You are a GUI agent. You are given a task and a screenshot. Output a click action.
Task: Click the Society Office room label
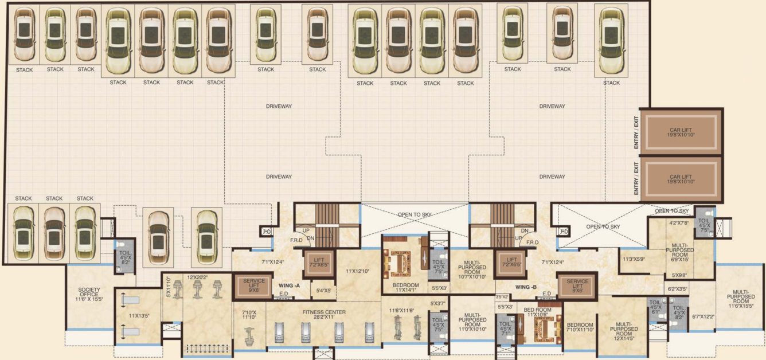(89, 294)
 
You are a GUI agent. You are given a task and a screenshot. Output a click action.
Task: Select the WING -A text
(290, 285)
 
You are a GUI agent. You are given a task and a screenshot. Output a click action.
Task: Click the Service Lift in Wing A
(254, 285)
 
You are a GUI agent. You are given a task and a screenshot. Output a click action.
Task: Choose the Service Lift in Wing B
(577, 285)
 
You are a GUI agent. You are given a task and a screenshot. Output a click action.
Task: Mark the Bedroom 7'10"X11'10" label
(580, 327)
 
